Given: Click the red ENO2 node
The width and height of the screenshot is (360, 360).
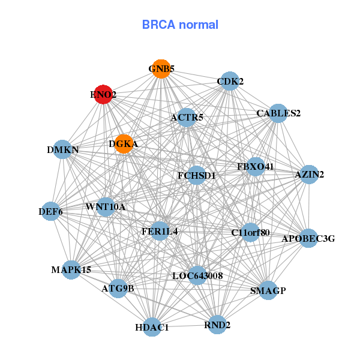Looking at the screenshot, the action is pyautogui.click(x=103, y=95).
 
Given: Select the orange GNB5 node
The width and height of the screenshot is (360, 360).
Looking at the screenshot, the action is pyautogui.click(x=160, y=69).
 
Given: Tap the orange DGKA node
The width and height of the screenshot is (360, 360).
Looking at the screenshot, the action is pyautogui.click(x=124, y=144).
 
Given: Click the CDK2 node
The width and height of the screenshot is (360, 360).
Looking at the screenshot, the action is pyautogui.click(x=230, y=81).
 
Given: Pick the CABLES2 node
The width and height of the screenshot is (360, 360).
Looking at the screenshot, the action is pyautogui.click(x=278, y=113).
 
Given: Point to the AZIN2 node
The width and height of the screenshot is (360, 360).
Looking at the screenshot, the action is pyautogui.click(x=309, y=175).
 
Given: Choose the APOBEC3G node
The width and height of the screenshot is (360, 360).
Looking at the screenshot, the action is pyautogui.click(x=308, y=238).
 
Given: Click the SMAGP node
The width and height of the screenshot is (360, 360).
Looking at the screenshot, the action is pyautogui.click(x=268, y=291).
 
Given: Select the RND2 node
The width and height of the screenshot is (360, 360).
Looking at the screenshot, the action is pyautogui.click(x=217, y=325).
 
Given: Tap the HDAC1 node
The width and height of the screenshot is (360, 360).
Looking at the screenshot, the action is pyautogui.click(x=152, y=327).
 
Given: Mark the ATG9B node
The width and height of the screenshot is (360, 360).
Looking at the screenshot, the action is pyautogui.click(x=118, y=289).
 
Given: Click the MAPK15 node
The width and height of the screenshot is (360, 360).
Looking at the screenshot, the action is pyautogui.click(x=71, y=270).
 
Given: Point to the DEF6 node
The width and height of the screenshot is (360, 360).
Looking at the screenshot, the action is pyautogui.click(x=51, y=211).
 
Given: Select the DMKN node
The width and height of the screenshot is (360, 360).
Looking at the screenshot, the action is pyautogui.click(x=63, y=149).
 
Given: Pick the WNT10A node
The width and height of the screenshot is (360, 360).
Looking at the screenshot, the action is pyautogui.click(x=106, y=207).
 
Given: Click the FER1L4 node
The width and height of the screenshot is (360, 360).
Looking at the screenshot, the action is pyautogui.click(x=160, y=231).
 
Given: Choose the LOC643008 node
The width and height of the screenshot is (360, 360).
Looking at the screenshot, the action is pyautogui.click(x=197, y=275).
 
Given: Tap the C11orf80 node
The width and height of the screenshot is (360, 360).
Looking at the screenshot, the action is pyautogui.click(x=250, y=232).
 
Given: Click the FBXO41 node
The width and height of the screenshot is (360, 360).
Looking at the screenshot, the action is pyautogui.click(x=255, y=166).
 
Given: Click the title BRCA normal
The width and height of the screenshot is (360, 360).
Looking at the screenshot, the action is pyautogui.click(x=180, y=25).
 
